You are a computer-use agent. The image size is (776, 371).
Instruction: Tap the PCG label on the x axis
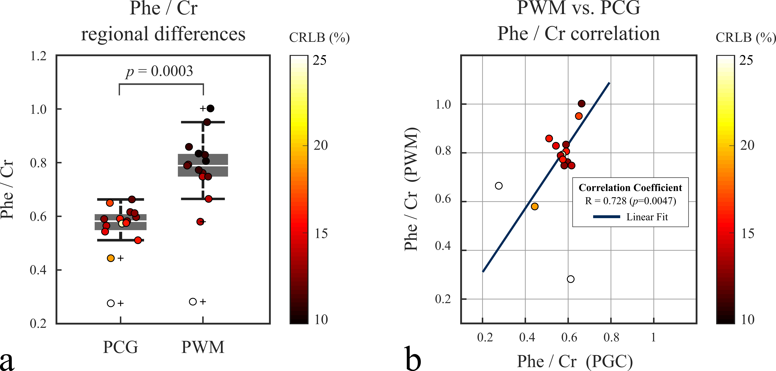[121, 347]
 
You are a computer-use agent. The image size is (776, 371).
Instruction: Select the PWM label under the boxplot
[203, 347]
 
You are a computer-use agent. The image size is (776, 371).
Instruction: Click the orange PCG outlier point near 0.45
[111, 258]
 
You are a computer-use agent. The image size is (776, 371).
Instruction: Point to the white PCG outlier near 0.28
[111, 303]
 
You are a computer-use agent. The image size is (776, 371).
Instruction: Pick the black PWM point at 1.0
[211, 108]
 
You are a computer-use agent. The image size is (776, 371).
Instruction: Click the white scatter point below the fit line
[571, 279]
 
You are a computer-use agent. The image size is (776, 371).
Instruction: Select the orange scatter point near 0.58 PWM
[535, 206]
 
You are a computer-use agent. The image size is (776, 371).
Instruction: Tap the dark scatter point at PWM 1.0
[582, 103]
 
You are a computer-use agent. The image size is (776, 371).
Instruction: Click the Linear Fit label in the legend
[647, 217]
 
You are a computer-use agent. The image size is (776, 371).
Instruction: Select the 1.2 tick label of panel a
[39, 56]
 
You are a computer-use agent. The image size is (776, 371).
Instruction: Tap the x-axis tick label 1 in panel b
[653, 337]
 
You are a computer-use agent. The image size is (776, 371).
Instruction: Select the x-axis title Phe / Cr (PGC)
[575, 361]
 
